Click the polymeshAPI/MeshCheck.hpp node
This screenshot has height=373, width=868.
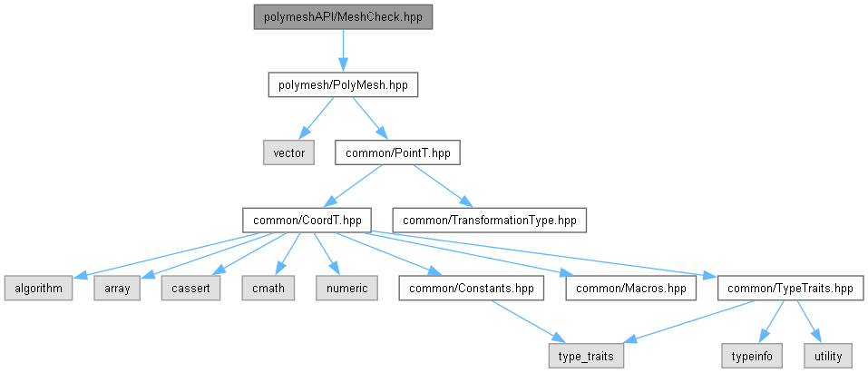point(343,17)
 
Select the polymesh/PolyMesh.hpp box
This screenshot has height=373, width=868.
point(343,85)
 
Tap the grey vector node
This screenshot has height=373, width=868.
point(288,152)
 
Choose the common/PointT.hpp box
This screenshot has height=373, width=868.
point(397,152)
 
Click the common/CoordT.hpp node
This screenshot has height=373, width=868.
point(307,220)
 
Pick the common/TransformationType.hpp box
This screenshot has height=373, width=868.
point(490,220)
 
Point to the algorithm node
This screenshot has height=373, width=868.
point(39,289)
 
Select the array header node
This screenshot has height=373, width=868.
point(117,289)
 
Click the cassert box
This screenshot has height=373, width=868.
point(191,289)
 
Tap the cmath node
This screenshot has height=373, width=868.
point(268,289)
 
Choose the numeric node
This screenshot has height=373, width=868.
point(346,289)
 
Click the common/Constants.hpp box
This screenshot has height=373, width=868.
point(472,289)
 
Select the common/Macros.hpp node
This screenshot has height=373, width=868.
point(631,289)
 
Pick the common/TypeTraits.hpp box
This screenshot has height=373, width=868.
point(791,289)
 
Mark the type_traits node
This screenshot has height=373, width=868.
point(586,356)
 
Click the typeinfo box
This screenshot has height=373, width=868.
point(752,356)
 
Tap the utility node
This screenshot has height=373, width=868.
point(829,356)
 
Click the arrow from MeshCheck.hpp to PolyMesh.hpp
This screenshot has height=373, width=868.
point(343,51)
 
